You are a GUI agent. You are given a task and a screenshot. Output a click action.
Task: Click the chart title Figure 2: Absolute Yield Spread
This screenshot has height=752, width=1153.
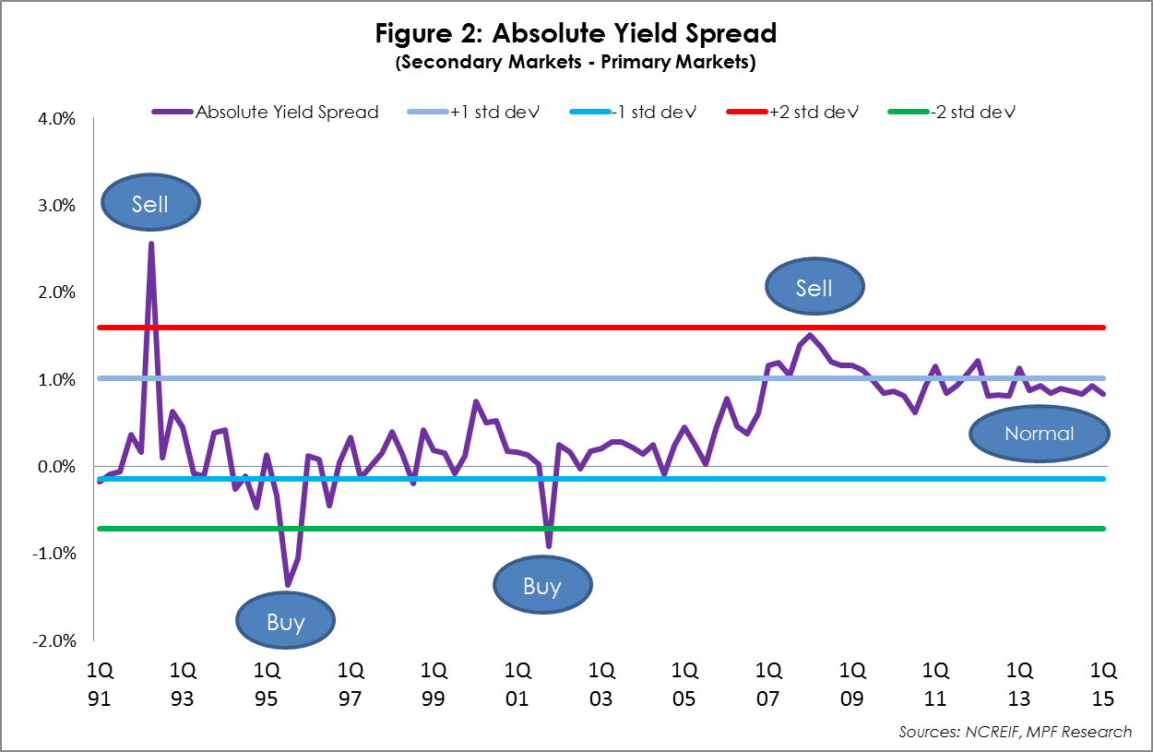click(576, 34)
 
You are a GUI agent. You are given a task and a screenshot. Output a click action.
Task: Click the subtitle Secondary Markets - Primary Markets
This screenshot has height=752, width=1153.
click(576, 63)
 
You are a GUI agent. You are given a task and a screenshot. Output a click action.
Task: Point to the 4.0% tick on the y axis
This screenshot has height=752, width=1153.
click(57, 118)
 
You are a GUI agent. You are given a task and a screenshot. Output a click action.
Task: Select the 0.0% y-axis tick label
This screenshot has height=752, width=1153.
click(57, 467)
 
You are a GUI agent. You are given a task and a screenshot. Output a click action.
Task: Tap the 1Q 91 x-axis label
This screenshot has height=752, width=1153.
click(99, 682)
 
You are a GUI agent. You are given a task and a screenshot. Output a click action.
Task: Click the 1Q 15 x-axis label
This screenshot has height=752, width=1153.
click(1103, 682)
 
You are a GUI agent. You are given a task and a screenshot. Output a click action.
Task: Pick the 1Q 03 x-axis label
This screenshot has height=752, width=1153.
click(601, 682)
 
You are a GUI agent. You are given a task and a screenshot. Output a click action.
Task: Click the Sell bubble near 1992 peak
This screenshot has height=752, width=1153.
click(149, 203)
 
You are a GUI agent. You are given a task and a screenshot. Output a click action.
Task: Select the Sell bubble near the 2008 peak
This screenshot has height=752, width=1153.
click(814, 288)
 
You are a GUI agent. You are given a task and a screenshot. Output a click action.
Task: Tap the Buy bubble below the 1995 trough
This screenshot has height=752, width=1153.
click(285, 622)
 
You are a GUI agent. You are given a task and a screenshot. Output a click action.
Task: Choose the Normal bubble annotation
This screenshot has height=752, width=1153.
click(1040, 434)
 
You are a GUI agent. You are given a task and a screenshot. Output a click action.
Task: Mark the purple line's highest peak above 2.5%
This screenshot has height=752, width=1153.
click(150, 244)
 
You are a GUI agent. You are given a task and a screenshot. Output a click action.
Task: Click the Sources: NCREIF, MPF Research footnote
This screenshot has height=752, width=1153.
click(1015, 732)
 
